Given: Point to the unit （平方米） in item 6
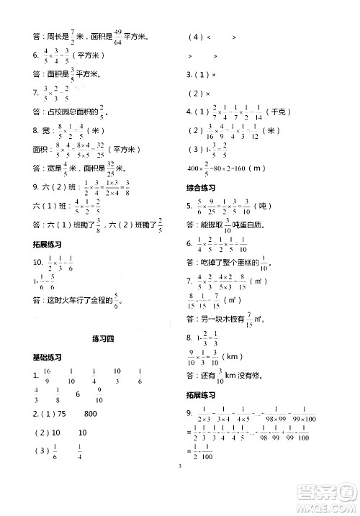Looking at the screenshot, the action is click(x=89, y=54).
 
